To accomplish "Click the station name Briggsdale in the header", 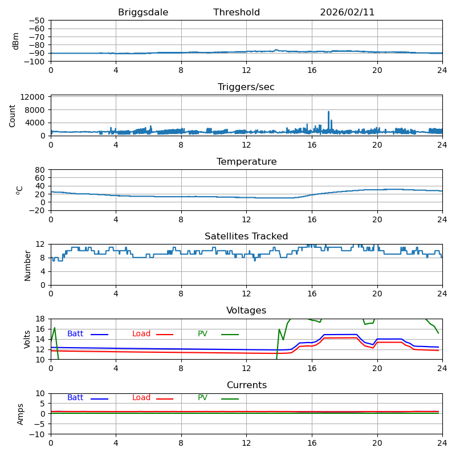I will click(x=143, y=13).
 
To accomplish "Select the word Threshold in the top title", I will click(x=237, y=13).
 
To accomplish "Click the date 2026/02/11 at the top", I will click(x=347, y=13).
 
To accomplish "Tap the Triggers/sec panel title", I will click(x=246, y=87).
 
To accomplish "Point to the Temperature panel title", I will click(x=246, y=162).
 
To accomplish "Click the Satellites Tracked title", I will click(x=246, y=237).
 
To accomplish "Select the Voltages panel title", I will click(x=246, y=311).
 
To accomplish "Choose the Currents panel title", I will click(x=246, y=385).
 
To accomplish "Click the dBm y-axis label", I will click(x=16, y=41).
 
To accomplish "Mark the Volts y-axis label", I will click(x=27, y=339).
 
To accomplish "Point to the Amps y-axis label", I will click(x=21, y=414).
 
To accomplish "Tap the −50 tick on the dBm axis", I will click(x=36, y=21).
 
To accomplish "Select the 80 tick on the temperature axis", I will click(x=40, y=170).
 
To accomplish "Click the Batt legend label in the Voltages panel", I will click(x=75, y=334).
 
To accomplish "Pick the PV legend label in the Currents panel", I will click(x=203, y=398).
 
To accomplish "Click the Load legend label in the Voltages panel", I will click(x=141, y=334).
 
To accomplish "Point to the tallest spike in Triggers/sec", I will click(x=328, y=112).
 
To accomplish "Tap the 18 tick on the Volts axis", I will click(x=40, y=319).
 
